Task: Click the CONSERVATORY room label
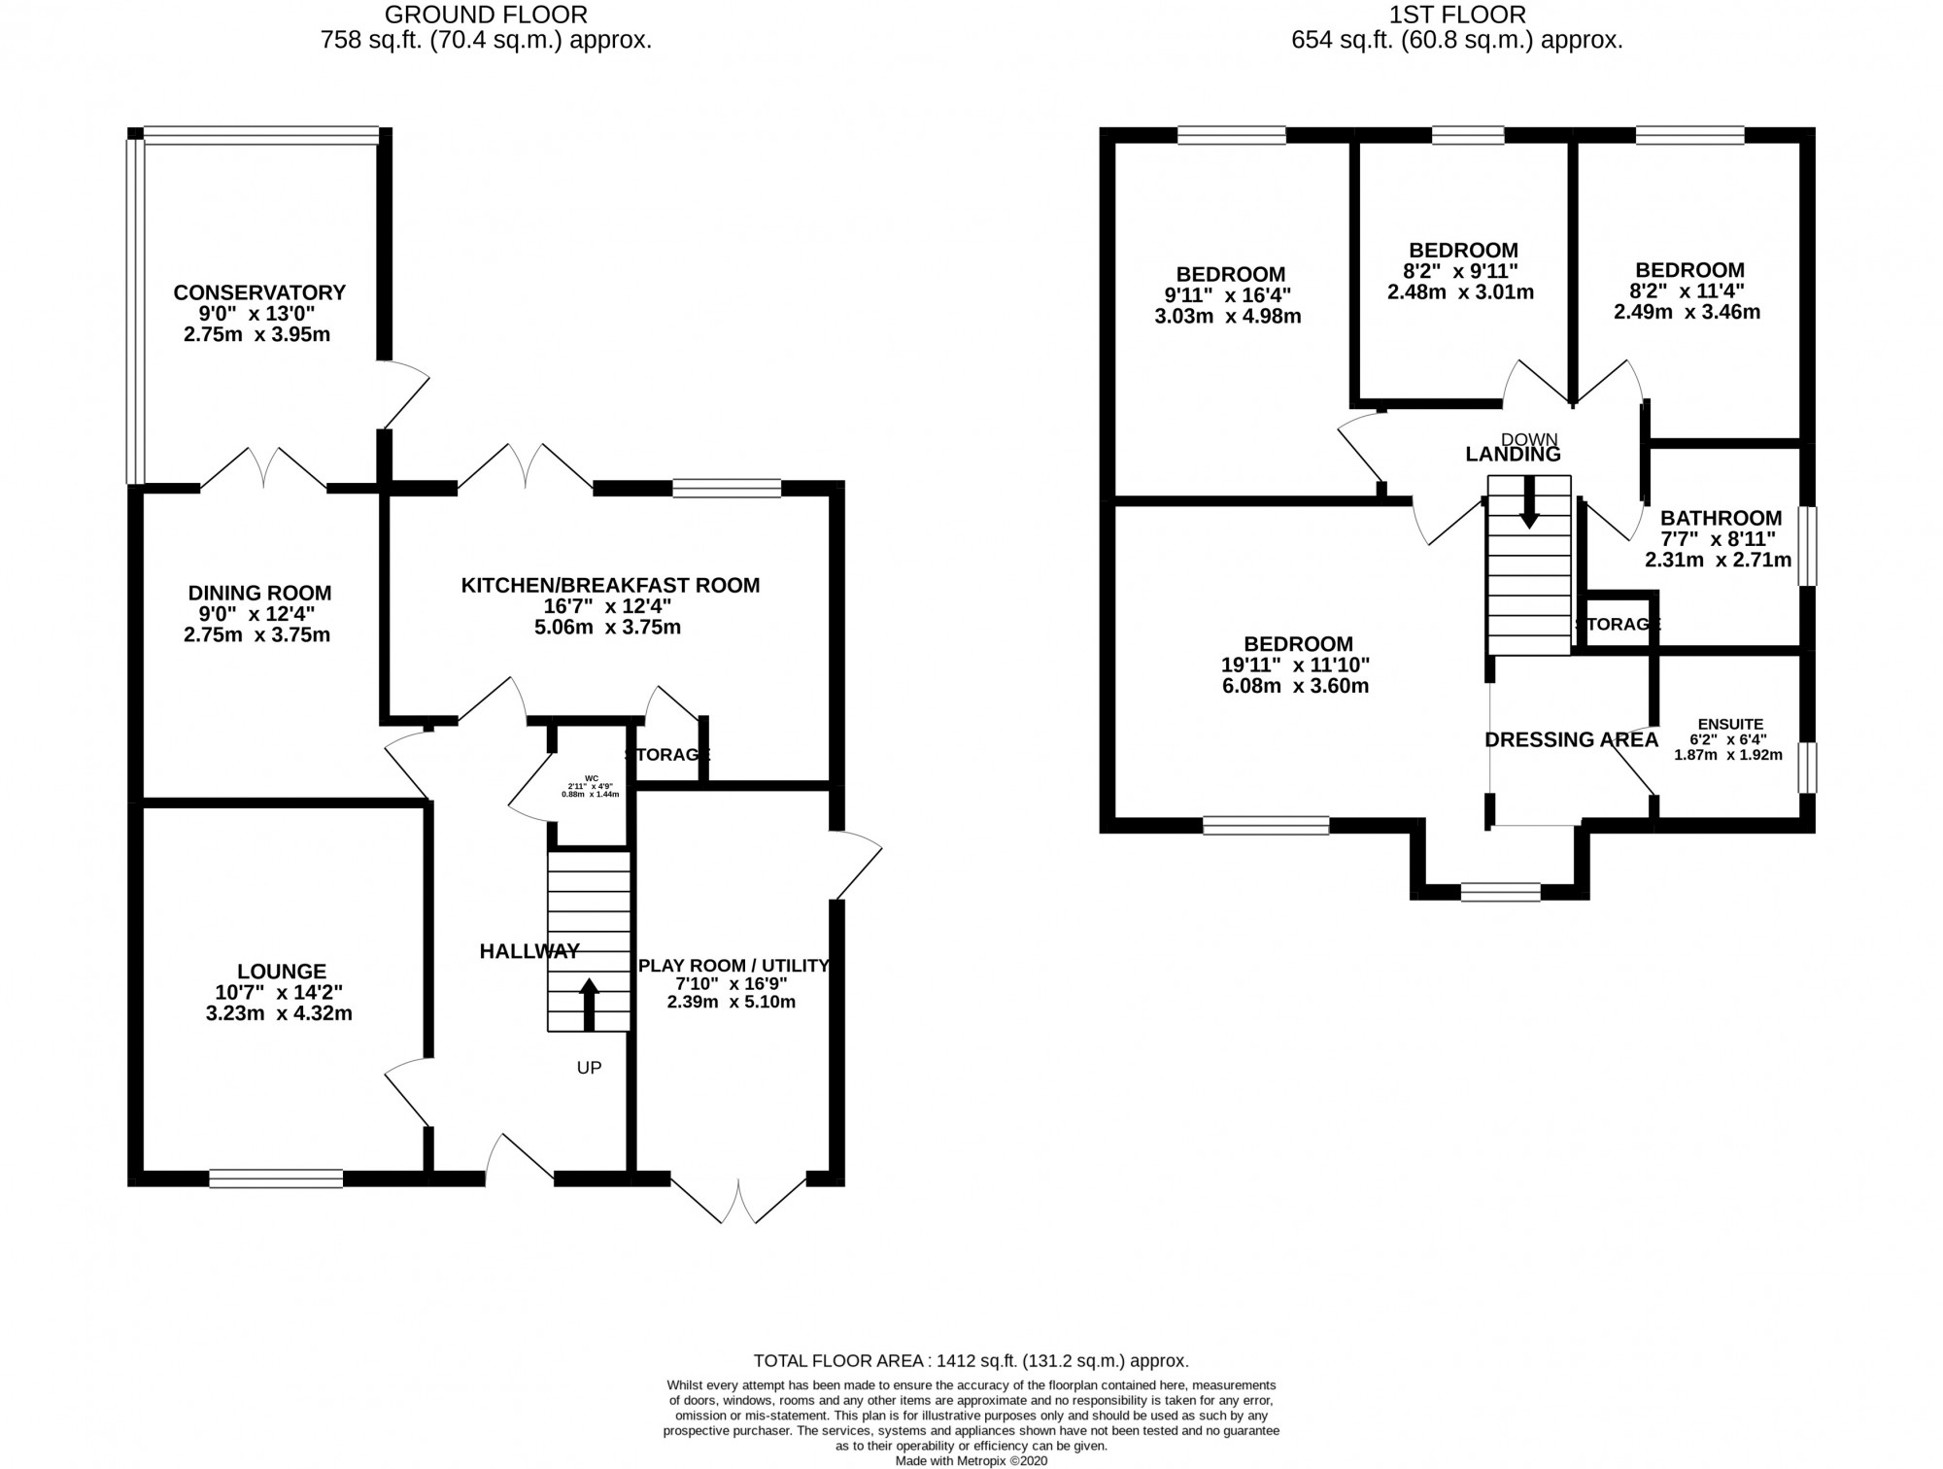(x=259, y=292)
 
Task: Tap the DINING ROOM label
(x=259, y=593)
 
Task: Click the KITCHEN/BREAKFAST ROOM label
(x=609, y=585)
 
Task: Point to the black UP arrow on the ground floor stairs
(x=589, y=1004)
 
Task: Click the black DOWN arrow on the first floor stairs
(x=1528, y=502)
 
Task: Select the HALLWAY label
(x=529, y=951)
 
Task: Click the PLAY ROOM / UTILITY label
(x=733, y=966)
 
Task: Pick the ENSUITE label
(x=1729, y=724)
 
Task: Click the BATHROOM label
(x=1721, y=518)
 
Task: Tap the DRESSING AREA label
(x=1571, y=740)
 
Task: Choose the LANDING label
(x=1513, y=454)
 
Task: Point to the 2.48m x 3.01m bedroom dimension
(x=1463, y=291)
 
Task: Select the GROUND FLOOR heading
(x=486, y=15)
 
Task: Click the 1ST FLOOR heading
(x=1457, y=15)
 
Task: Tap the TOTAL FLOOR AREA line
(x=971, y=1361)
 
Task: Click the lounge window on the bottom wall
(x=276, y=1179)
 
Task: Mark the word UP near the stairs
(x=589, y=1068)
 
